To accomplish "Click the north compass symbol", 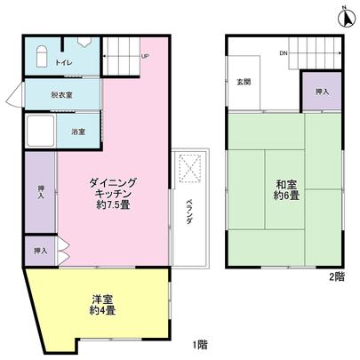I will [x=347, y=12].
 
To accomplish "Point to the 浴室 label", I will [x=78, y=132].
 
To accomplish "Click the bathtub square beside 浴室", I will [x=41, y=132].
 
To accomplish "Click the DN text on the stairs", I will [x=283, y=54].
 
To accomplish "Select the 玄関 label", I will [x=244, y=82].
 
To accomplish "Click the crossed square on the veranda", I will [x=190, y=166].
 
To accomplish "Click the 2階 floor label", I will [x=335, y=276].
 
